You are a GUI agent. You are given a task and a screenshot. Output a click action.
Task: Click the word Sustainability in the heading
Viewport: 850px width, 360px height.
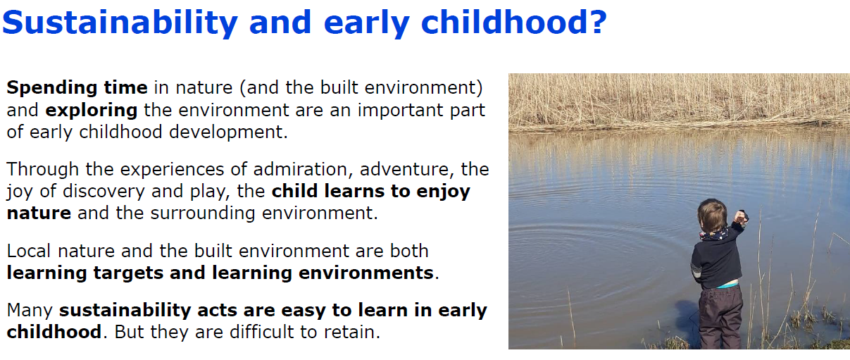pos(120,23)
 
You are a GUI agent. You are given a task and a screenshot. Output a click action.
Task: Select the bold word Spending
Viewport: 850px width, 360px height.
pos(51,88)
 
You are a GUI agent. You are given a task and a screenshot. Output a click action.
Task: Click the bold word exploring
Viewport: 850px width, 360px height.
pos(91,111)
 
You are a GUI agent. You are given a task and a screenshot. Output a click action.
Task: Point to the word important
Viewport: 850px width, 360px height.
pos(400,111)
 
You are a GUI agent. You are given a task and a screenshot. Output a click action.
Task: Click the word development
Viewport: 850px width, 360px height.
pos(228,132)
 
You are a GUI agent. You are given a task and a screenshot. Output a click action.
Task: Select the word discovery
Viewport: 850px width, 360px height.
pos(104,192)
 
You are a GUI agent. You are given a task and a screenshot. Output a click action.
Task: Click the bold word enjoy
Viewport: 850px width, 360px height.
pos(443,192)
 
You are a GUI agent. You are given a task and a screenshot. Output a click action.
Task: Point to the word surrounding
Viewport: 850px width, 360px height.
pos(203,213)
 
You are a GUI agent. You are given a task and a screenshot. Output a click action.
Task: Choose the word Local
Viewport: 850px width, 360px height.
pos(29,251)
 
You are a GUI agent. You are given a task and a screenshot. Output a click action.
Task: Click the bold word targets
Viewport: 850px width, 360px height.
pos(128,273)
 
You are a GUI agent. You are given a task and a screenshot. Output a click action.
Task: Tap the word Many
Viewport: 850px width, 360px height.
pos(30,311)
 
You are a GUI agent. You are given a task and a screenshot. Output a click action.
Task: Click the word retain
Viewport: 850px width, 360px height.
pos(352,333)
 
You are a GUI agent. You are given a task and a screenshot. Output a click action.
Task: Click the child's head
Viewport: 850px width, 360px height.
pos(712,216)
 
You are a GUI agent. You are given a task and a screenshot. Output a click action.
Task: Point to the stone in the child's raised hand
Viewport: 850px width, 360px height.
pos(742,216)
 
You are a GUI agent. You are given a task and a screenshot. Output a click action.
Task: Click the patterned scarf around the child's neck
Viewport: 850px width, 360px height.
pos(714,234)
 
